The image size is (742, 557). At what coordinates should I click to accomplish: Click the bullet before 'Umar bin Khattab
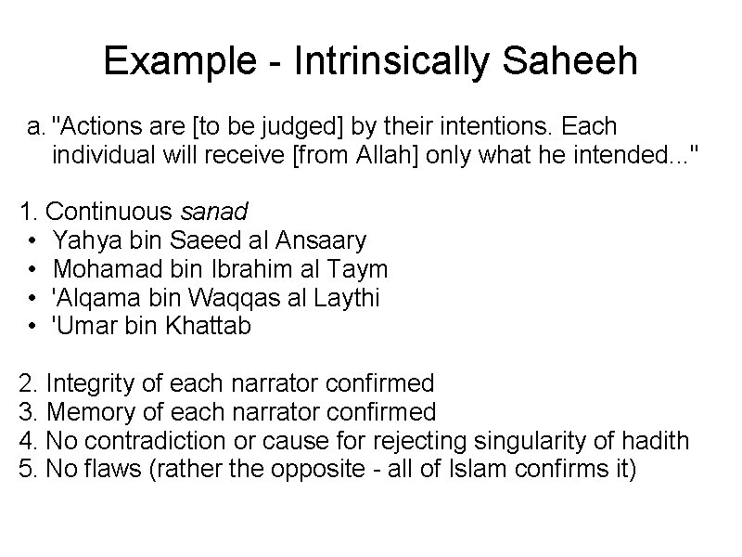tap(32, 327)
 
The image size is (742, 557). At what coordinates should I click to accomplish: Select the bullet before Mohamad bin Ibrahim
tap(32, 269)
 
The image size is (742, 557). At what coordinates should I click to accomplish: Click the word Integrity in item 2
tap(89, 382)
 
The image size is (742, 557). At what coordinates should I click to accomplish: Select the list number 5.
tap(26, 469)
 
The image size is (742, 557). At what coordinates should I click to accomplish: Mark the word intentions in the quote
tap(474, 125)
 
